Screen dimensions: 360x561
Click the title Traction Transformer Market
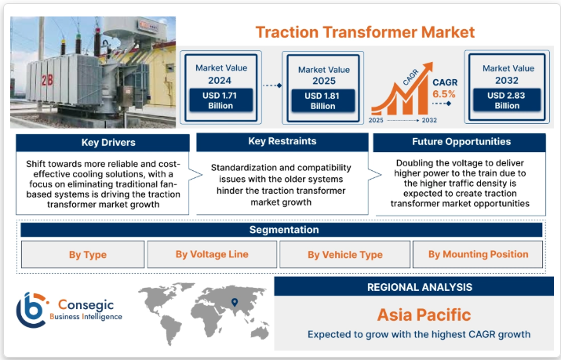pyautogui.click(x=365, y=32)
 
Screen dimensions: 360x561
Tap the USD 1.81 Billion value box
pyautogui.click(x=322, y=100)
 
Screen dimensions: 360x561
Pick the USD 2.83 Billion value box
pyautogui.click(x=507, y=100)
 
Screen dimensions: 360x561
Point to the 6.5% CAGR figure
pyautogui.click(x=443, y=94)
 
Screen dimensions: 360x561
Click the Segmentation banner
pyautogui.click(x=283, y=230)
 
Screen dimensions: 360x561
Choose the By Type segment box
pyautogui.click(x=82, y=254)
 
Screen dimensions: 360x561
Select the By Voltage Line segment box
pyautogui.click(x=211, y=254)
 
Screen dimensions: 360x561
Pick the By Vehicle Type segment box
pyautogui.click(x=344, y=254)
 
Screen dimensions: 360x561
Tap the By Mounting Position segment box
pyautogui.click(x=478, y=254)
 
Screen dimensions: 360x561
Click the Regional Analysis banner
pyautogui.click(x=419, y=287)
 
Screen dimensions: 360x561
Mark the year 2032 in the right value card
pyautogui.click(x=507, y=81)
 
